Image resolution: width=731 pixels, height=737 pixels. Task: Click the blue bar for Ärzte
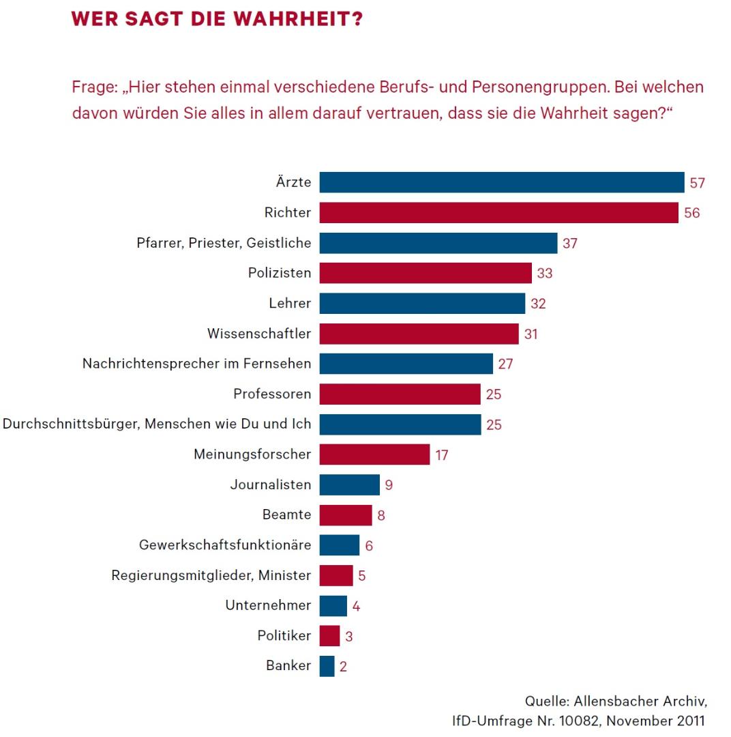coord(501,182)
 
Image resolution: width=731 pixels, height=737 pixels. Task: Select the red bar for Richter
coord(498,213)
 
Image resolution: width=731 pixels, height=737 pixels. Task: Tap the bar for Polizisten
coord(425,273)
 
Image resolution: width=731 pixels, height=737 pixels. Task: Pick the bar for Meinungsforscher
coord(374,454)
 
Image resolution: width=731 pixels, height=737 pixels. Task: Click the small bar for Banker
coord(327,666)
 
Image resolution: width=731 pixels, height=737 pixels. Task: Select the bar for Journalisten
coord(349,485)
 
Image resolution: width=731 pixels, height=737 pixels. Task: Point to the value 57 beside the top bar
coord(697,183)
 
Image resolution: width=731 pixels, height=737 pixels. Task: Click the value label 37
coord(570,244)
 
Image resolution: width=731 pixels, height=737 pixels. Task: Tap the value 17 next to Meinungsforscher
coord(442,455)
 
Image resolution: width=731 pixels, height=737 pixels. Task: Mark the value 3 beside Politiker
coord(348,637)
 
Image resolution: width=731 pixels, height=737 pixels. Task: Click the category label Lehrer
coord(290,303)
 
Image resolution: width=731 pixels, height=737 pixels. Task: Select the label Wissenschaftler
coord(259,334)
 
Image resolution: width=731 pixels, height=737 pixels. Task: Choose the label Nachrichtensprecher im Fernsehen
coord(196,364)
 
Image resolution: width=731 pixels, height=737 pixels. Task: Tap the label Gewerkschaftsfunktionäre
coord(225,545)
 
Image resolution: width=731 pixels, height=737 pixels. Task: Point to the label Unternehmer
coord(268,605)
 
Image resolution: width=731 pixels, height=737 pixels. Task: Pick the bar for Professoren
coord(400,394)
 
